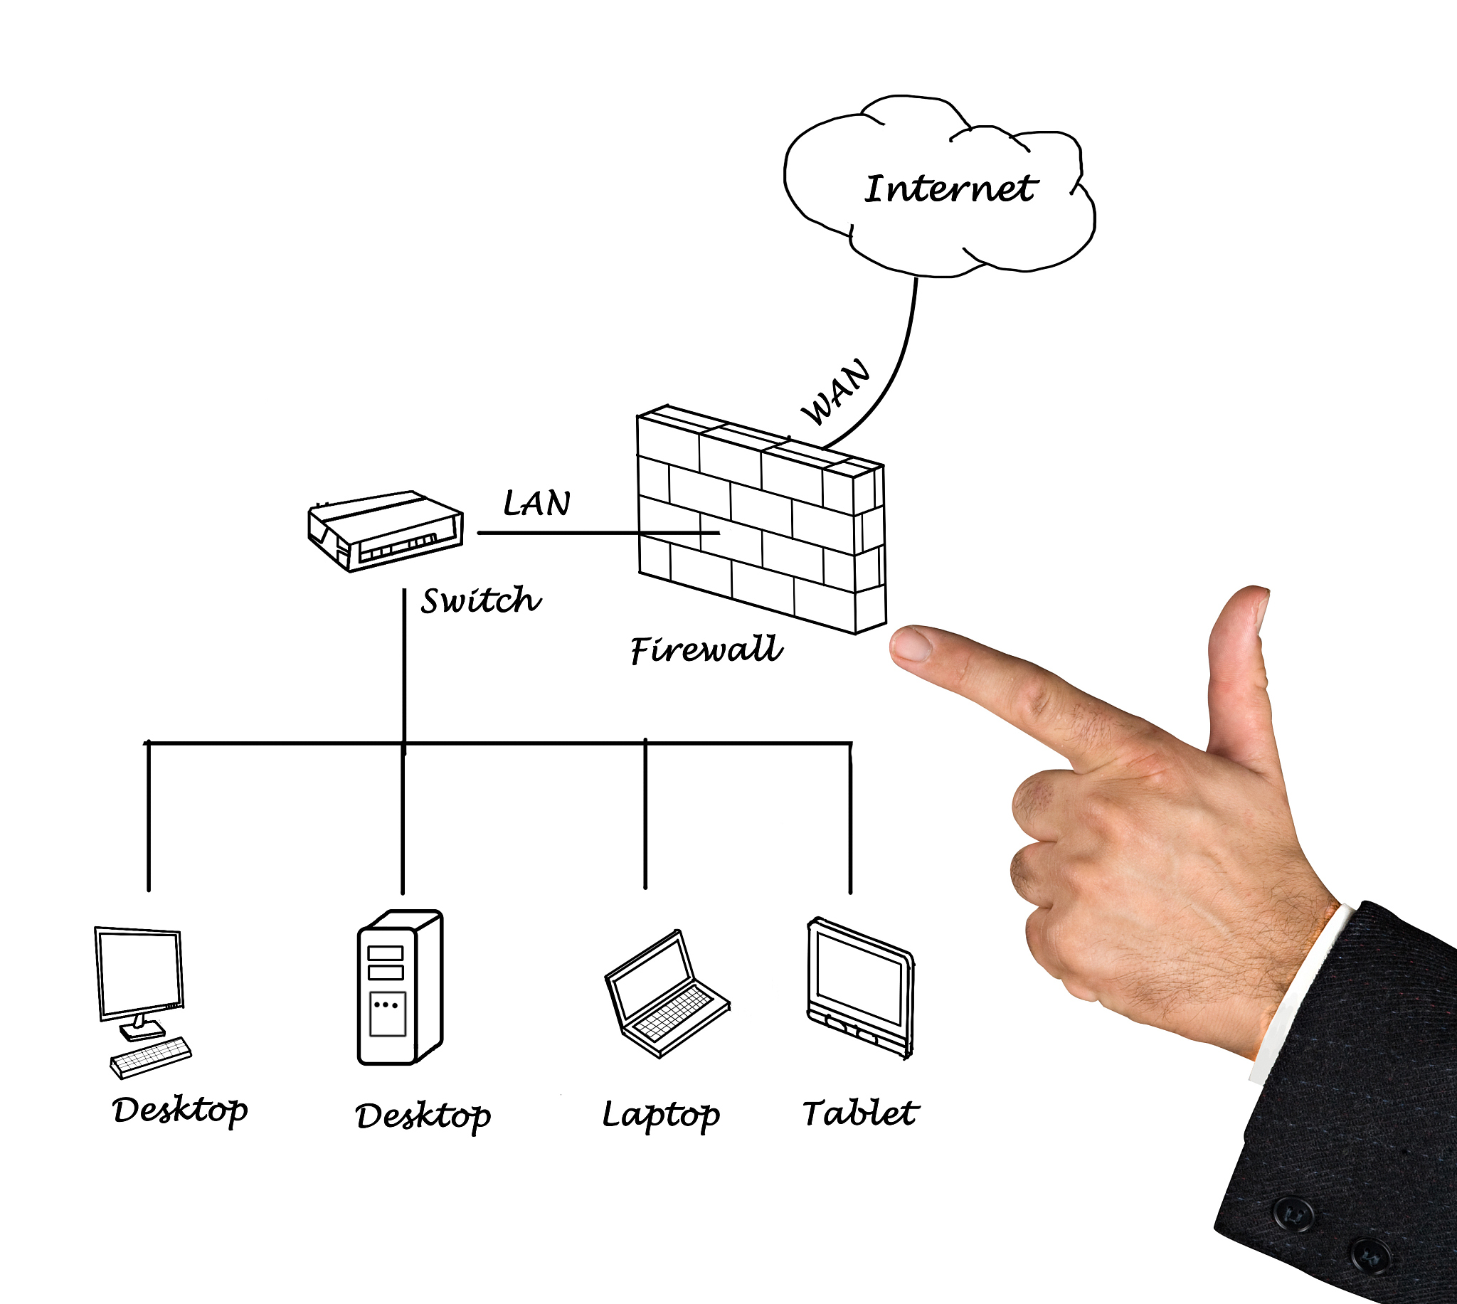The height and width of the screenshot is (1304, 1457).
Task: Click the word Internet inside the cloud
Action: pos(950,189)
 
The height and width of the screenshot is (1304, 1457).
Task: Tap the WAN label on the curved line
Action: pos(836,392)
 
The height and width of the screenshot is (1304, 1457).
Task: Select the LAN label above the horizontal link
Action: pos(536,503)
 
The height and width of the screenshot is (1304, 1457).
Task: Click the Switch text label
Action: pos(481,600)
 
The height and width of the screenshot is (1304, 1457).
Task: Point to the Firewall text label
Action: pos(706,649)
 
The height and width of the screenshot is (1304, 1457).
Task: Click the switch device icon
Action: pos(386,531)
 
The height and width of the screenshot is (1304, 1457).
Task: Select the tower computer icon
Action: pos(400,987)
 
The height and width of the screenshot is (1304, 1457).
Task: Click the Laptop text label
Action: pos(660,1115)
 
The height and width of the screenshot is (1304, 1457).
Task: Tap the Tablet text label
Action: pos(859,1113)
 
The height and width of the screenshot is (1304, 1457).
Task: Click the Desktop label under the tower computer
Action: pos(423,1116)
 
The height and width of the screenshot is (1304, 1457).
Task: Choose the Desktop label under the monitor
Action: pos(181,1110)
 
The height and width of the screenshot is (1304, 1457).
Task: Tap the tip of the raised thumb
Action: pos(1248,602)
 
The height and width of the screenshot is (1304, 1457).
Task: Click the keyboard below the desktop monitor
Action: pos(151,1057)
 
